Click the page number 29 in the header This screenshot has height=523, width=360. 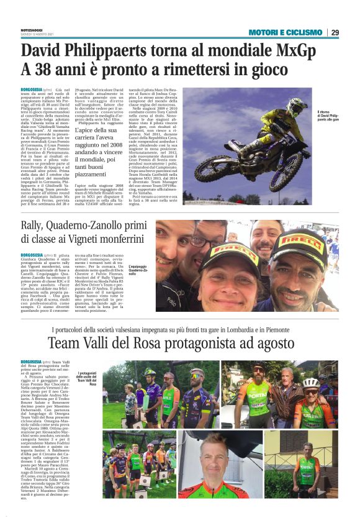click(335, 32)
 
